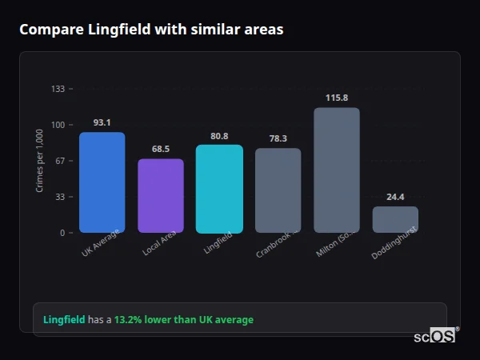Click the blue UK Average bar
pos(102,182)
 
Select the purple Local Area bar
pos(161,196)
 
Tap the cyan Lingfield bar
pos(219,189)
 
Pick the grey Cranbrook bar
pos(278,190)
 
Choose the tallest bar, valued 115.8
pos(337,170)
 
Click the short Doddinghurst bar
pos(395,219)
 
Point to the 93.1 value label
pos(102,122)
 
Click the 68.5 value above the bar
pos(161,149)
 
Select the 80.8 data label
pos(219,135)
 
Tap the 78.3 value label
pos(278,138)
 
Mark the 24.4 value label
pos(395,197)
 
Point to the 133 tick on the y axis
pos(58,89)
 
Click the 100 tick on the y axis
pos(58,125)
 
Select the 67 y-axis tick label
pos(59,161)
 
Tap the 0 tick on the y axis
pos(62,233)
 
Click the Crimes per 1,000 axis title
pos(40,161)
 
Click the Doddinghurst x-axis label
pos(393,243)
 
